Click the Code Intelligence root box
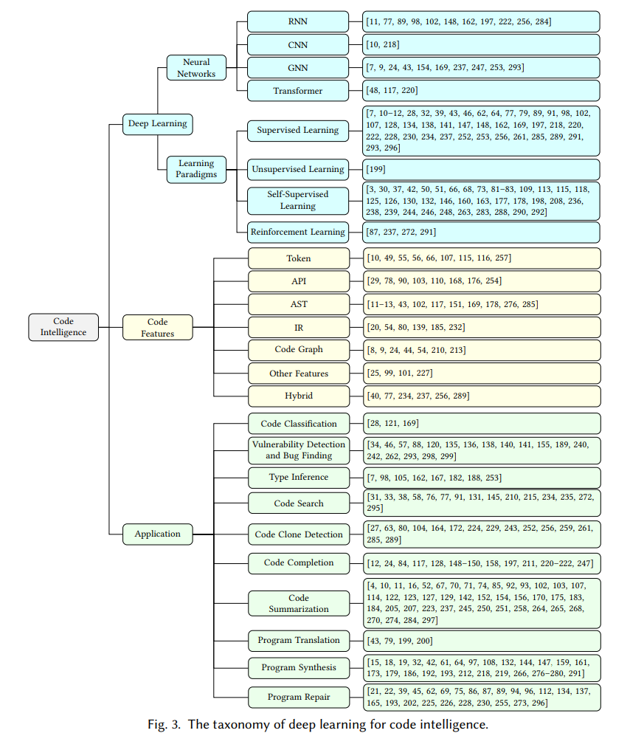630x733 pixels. pyautogui.click(x=63, y=327)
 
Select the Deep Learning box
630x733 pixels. pyautogui.click(x=157, y=124)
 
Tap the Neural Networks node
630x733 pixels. pyautogui.click(x=196, y=68)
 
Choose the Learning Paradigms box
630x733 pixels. pyautogui.click(x=196, y=169)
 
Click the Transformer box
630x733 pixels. pyautogui.click(x=298, y=91)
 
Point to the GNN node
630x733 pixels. pyautogui.click(x=298, y=68)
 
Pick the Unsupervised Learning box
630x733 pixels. pyautogui.click(x=298, y=169)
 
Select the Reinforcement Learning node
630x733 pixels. pyautogui.click(x=298, y=232)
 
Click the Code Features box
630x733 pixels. pyautogui.click(x=157, y=327)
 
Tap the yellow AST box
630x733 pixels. pyautogui.click(x=299, y=304)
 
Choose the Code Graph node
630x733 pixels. pyautogui.click(x=299, y=350)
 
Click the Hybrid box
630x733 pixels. pyautogui.click(x=299, y=396)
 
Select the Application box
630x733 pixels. pyautogui.click(x=157, y=534)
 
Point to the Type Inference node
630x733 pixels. pyautogui.click(x=299, y=478)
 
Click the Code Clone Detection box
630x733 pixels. pyautogui.click(x=299, y=534)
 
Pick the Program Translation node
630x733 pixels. pyautogui.click(x=299, y=641)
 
